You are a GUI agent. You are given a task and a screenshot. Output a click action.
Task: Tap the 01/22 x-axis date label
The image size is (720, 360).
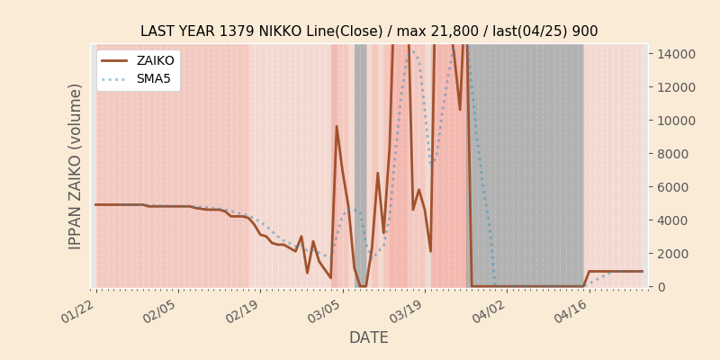[80, 311]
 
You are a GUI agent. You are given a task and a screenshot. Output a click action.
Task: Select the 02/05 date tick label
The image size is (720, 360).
[162, 311]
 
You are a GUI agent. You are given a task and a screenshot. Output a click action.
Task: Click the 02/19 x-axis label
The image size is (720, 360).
[244, 311]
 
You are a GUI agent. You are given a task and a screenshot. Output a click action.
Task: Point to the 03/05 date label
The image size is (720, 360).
[326, 311]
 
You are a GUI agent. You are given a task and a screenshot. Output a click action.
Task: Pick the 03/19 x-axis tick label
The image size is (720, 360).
[409, 311]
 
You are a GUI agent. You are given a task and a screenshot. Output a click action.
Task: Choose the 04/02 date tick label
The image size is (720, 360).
[490, 311]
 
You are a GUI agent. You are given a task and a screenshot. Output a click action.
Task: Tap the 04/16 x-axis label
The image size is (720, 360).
[572, 311]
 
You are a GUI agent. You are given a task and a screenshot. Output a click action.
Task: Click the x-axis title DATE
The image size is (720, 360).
[369, 338]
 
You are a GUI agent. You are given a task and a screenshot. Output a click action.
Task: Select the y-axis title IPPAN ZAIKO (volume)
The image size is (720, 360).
[76, 166]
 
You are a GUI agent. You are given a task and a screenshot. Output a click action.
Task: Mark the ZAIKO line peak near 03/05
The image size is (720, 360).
[337, 127]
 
